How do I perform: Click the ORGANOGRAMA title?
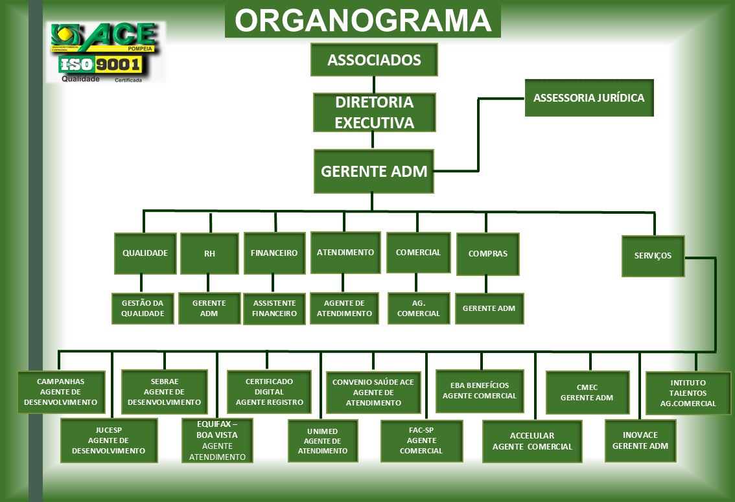362,21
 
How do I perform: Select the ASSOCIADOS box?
374,60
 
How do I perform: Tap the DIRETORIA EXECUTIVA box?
374,112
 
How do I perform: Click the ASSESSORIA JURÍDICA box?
589,98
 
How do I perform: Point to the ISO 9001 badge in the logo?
100,64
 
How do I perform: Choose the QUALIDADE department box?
145,253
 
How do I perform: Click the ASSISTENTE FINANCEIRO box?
274,308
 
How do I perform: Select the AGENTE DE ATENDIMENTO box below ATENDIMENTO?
344,308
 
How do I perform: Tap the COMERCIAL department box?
418,253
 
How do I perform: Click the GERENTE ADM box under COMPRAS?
489,308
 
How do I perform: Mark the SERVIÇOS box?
653,256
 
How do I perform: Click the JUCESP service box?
109,440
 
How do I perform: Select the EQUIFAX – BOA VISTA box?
217,440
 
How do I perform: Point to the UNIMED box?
322,440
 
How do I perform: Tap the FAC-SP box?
421,440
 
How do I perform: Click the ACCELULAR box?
532,441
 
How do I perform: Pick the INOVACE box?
640,440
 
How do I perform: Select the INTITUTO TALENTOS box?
688,393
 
